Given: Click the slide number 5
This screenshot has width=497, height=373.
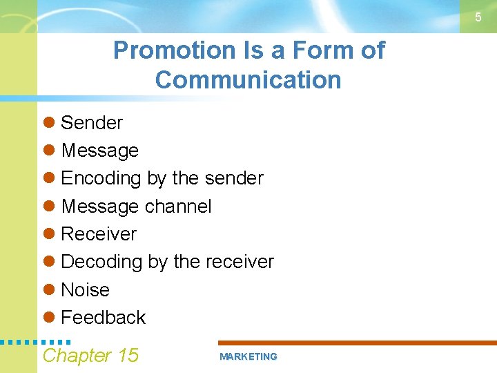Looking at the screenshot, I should click(x=478, y=17).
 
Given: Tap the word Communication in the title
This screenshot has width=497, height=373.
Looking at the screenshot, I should click(x=248, y=80).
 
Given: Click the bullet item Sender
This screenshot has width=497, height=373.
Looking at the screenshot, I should click(x=92, y=123).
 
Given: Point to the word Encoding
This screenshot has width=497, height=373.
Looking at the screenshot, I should click(x=101, y=178).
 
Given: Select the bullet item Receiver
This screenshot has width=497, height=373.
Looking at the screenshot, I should click(x=99, y=234).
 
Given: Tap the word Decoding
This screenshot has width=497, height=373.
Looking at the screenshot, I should click(x=101, y=262).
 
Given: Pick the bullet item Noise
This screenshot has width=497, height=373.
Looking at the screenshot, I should click(x=86, y=290).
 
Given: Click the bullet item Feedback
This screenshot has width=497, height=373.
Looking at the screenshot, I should click(x=104, y=318).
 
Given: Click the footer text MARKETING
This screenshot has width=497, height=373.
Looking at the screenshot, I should click(x=248, y=357).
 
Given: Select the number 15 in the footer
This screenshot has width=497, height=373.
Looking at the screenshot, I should click(x=128, y=356).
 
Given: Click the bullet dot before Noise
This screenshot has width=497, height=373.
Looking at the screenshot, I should click(x=48, y=290).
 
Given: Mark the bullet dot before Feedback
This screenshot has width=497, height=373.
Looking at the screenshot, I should click(x=48, y=318).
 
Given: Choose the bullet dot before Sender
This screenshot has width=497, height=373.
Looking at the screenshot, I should click(x=48, y=123).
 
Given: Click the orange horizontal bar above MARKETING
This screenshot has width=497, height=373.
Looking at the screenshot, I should click(x=357, y=343).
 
